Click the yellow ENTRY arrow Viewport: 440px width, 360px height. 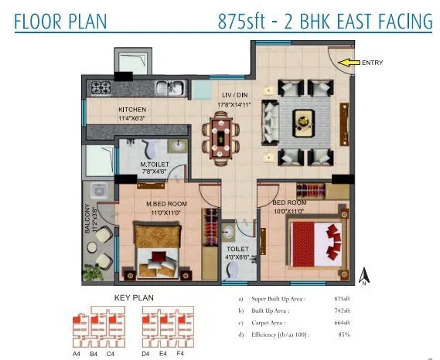pos(350,63)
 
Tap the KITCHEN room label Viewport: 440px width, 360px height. pos(132,110)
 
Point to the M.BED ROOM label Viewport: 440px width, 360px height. pos(162,204)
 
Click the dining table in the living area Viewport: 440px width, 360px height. pos(221,134)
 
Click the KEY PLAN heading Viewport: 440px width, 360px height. pos(134,297)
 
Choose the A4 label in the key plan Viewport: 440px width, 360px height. pos(76,353)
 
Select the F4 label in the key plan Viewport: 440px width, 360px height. pos(179,353)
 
